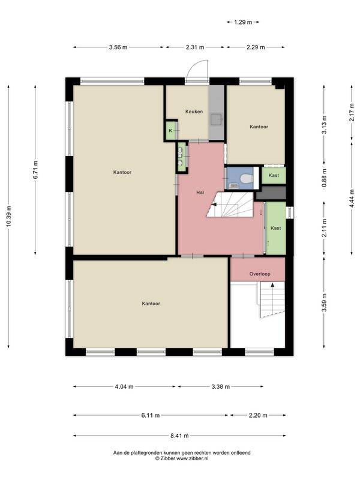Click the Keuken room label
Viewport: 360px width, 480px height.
click(194, 112)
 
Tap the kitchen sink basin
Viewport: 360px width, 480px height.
click(217, 119)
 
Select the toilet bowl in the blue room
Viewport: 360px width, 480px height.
click(245, 178)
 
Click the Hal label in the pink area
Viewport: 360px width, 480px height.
click(200, 193)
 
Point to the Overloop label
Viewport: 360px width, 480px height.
click(260, 274)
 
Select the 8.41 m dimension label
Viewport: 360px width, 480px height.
click(179, 436)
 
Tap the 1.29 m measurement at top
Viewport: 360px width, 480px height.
click(243, 22)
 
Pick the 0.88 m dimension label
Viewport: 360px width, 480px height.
click(325, 178)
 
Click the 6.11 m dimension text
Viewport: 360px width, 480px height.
click(151, 415)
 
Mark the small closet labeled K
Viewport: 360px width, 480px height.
click(171, 131)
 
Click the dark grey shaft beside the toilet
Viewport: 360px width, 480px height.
click(271, 193)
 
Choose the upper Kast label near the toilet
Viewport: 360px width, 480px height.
click(274, 175)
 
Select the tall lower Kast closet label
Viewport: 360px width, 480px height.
click(276, 228)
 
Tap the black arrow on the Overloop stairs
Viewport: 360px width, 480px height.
click(272, 285)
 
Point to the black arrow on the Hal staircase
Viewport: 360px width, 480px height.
click(214, 205)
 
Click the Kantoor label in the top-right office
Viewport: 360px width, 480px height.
click(259, 127)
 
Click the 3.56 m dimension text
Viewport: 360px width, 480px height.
click(118, 47)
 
